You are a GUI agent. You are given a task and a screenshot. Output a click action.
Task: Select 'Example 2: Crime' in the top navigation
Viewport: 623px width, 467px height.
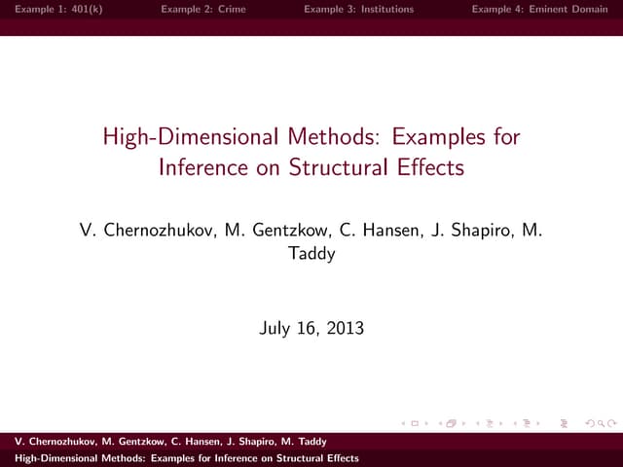203,9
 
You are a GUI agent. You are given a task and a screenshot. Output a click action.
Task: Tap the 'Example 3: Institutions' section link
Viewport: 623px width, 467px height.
358,9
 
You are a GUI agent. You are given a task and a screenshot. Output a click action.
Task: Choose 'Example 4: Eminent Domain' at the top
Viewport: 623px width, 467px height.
539,9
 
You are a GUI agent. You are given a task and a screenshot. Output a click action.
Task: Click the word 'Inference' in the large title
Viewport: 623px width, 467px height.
202,167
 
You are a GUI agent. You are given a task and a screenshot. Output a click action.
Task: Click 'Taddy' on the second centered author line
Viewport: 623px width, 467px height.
311,254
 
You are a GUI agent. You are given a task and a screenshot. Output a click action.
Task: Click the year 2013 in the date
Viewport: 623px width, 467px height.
345,328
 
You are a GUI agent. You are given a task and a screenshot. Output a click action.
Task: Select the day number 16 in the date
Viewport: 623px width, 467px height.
309,328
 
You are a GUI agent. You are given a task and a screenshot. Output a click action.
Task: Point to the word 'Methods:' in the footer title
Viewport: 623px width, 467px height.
126,457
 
